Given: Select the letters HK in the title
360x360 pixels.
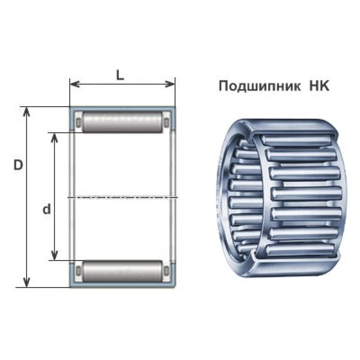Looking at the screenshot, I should [319, 86].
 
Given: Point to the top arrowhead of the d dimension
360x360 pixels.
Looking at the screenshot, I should [54, 136].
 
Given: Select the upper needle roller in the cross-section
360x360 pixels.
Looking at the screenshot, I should [122, 122].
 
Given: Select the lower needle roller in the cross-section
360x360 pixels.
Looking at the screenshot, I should [122, 271].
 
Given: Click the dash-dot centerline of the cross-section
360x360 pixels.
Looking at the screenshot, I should [122, 197].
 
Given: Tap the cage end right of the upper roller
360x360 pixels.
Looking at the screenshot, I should [166, 123].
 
